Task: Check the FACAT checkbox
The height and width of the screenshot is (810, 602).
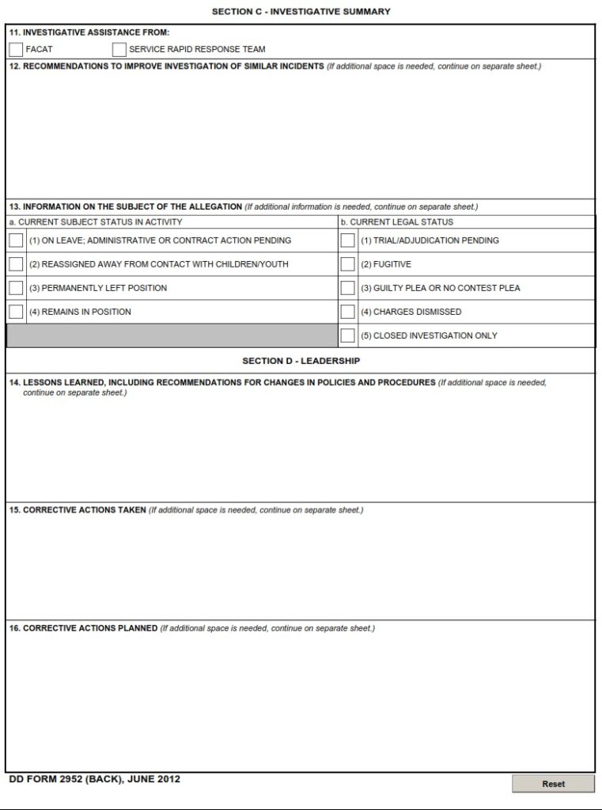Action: [16, 49]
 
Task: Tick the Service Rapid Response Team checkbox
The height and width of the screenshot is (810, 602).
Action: [119, 49]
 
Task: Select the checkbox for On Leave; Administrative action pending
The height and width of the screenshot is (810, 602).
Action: [16, 240]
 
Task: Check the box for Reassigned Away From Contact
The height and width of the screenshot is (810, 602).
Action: [16, 264]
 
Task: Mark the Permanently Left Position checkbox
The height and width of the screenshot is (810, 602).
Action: [16, 288]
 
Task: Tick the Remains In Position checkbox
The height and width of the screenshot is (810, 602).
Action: [16, 312]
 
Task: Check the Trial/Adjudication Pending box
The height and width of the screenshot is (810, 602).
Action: [347, 240]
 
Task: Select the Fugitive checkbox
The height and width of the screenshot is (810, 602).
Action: [347, 264]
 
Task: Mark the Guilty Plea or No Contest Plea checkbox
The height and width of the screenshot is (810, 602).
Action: [347, 288]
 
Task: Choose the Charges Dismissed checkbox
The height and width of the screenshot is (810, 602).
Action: [347, 312]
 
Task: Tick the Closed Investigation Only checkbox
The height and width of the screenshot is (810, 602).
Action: [347, 335]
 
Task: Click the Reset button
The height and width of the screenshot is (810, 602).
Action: [553, 784]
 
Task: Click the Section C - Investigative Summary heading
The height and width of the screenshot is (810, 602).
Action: [301, 12]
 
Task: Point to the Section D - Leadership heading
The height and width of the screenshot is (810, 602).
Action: [301, 361]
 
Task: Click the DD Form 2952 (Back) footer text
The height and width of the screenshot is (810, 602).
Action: [95, 779]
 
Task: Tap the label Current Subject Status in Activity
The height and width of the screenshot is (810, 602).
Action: [96, 222]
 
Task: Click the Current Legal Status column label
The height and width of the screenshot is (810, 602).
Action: [397, 222]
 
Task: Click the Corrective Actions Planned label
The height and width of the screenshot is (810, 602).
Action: [83, 629]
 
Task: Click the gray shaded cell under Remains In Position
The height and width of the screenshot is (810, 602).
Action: [172, 335]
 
